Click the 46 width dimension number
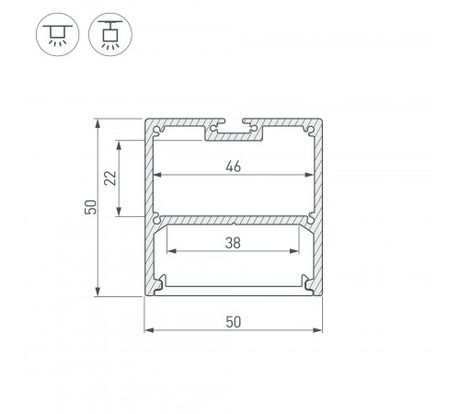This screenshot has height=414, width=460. [234, 167]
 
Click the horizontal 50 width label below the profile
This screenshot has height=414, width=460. [234, 322]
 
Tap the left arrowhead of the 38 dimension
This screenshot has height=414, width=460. [168, 251]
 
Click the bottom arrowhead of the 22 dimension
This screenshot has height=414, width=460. [119, 213]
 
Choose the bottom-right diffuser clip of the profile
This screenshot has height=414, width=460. [307, 283]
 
